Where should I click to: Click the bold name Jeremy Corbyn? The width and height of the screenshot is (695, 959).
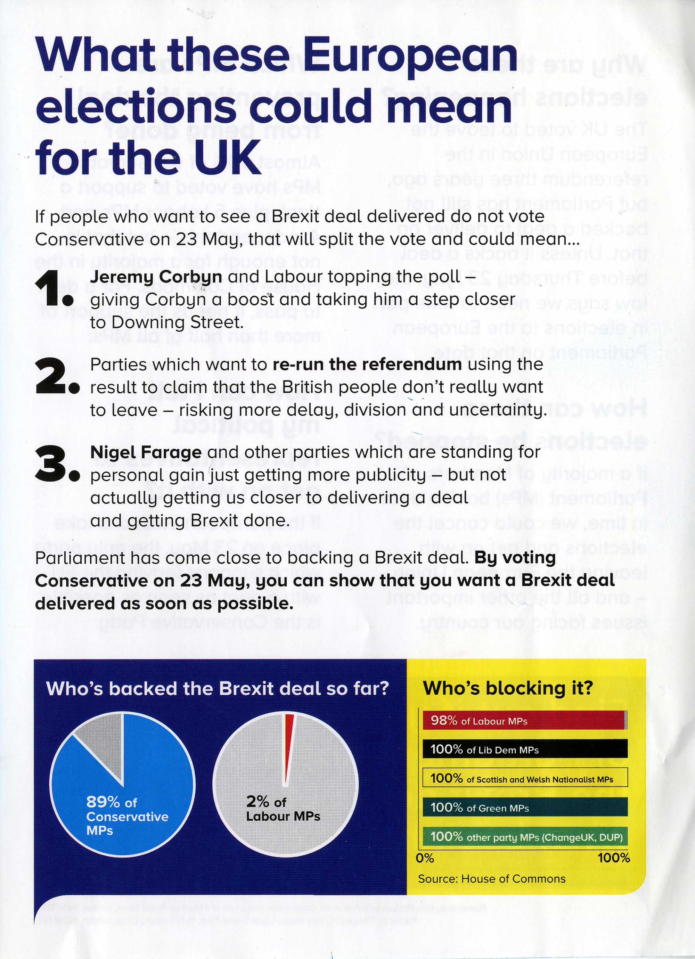pyautogui.click(x=156, y=277)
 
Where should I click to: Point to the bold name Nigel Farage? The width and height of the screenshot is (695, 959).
pyautogui.click(x=146, y=452)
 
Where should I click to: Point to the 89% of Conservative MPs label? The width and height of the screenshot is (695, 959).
pyautogui.click(x=127, y=816)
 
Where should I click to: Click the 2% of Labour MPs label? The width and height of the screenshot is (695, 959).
pyautogui.click(x=283, y=809)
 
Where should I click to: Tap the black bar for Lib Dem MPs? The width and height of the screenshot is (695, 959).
pyautogui.click(x=524, y=750)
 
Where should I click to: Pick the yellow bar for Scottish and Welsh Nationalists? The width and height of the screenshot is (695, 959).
pyautogui.click(x=524, y=779)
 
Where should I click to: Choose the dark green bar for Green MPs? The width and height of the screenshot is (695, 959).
pyautogui.click(x=524, y=808)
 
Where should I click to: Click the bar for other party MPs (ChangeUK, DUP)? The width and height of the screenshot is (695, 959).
pyautogui.click(x=524, y=837)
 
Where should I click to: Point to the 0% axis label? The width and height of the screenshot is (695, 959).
pyautogui.click(x=425, y=858)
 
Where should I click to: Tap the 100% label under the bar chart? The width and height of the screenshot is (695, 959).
pyautogui.click(x=613, y=858)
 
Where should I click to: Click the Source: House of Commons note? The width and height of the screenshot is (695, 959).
pyautogui.click(x=491, y=879)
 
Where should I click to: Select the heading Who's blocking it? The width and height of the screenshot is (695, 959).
pyautogui.click(x=508, y=688)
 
